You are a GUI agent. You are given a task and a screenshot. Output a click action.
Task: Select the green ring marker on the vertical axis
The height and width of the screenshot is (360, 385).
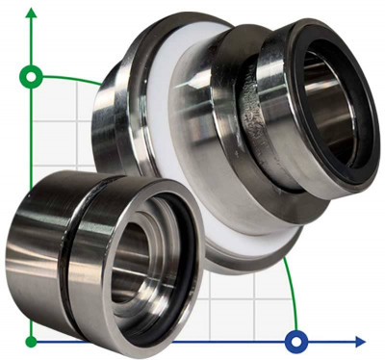coord(32,75)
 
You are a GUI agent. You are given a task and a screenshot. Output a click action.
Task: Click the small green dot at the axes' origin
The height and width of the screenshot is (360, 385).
coord(32,341)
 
